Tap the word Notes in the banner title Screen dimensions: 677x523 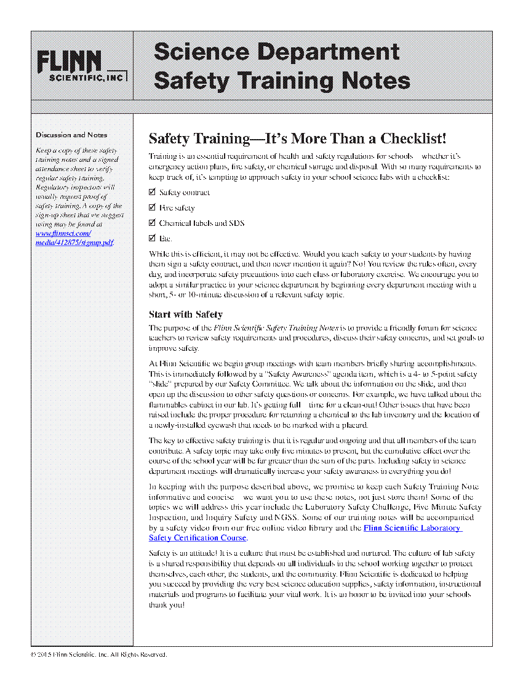pyautogui.click(x=377, y=80)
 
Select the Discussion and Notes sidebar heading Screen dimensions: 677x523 pyautogui.click(x=71, y=135)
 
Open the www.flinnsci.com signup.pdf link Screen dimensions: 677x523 pyautogui.click(x=74, y=238)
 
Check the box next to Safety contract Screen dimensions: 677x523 pyautogui.click(x=153, y=193)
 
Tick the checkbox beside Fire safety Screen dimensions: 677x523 pyautogui.click(x=153, y=208)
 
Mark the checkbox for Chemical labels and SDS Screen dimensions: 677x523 pyautogui.click(x=153, y=223)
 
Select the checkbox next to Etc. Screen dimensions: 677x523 pyautogui.click(x=153, y=238)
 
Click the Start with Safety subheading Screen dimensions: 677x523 pyautogui.click(x=186, y=314)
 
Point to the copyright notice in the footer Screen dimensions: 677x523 pyautogui.click(x=99, y=654)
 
